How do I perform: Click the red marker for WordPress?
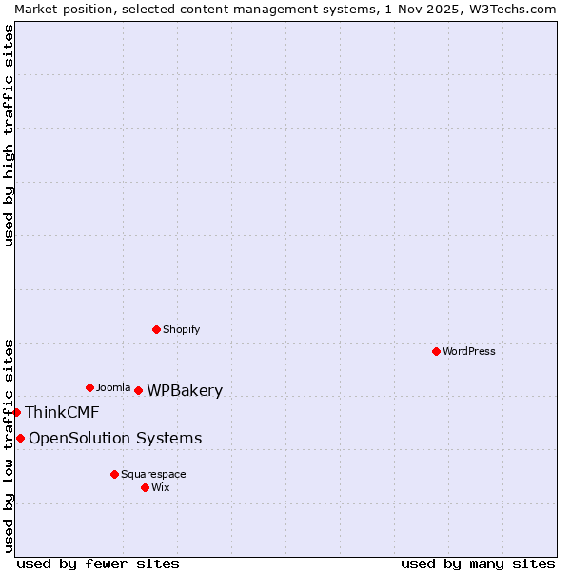point(436,351)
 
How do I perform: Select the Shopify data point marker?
point(156,329)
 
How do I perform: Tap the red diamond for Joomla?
point(89,387)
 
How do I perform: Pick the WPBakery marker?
point(138,390)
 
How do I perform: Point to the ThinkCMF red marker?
point(16,412)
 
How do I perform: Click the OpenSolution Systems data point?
point(20,438)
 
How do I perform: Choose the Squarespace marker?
point(114,474)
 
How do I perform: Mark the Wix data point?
point(145,487)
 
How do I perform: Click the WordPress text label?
point(469,351)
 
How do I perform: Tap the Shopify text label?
point(182,329)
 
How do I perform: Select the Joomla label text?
point(113,387)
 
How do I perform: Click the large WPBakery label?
point(185,390)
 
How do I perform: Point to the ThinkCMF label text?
point(62,412)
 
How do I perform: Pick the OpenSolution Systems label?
point(115,438)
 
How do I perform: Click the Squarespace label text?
point(153,474)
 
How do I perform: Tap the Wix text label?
point(161,487)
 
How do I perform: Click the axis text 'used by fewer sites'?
point(98,563)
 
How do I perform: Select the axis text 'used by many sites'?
point(478,563)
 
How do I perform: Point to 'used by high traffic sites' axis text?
point(10,135)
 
